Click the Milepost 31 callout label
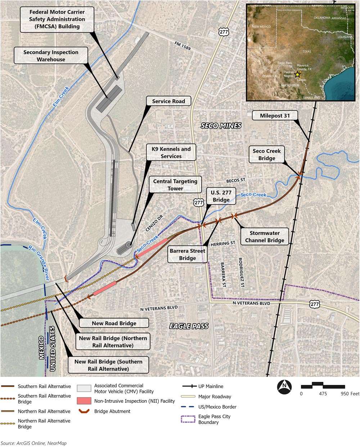(x=275, y=116)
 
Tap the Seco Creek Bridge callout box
(x=266, y=155)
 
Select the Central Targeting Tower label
(x=175, y=185)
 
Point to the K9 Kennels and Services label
(x=171, y=153)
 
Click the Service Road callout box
(x=168, y=101)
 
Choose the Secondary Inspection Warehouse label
(x=51, y=56)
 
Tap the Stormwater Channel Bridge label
(x=265, y=237)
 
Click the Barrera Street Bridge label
(x=188, y=254)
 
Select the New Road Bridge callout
(x=114, y=323)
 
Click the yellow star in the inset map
(x=297, y=74)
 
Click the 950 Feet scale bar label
(x=350, y=394)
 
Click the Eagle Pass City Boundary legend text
(x=214, y=419)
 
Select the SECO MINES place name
(x=221, y=126)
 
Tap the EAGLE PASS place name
(x=189, y=326)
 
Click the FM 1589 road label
(x=181, y=46)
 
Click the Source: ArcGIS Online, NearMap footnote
(x=33, y=443)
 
